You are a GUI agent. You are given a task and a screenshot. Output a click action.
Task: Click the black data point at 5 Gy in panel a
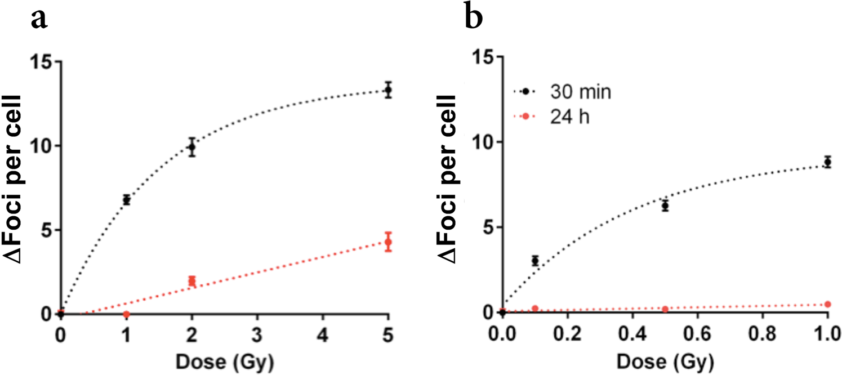tap(387, 90)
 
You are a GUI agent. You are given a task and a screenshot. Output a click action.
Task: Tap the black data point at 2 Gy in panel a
tap(192, 148)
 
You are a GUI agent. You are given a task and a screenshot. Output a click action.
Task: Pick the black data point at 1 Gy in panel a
tap(127, 200)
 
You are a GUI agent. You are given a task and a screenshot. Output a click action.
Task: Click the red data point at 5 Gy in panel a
tap(387, 242)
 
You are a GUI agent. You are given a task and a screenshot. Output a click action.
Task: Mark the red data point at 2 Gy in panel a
tap(192, 281)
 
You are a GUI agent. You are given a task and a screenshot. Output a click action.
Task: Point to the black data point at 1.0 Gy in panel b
tap(827, 162)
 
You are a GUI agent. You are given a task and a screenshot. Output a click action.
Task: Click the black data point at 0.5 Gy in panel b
tap(665, 206)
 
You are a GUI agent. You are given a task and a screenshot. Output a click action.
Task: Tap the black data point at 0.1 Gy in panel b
tap(535, 261)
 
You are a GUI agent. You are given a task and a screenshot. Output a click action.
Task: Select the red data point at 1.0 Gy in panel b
tap(827, 305)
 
